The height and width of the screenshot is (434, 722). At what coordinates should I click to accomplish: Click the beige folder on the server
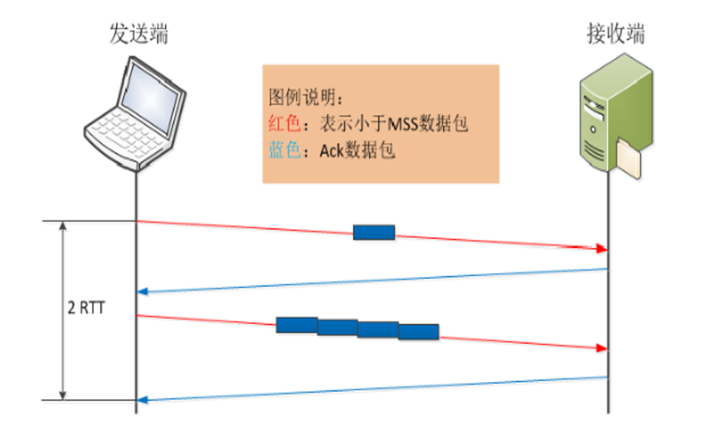click(629, 159)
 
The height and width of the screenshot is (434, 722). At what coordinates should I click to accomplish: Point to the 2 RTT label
click(86, 308)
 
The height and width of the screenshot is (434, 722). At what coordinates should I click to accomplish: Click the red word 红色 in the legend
click(284, 123)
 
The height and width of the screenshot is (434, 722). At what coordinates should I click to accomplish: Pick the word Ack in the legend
click(331, 151)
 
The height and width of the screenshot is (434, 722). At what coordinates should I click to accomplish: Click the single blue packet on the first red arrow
click(374, 232)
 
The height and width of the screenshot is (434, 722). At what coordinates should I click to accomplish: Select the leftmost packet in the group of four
click(297, 325)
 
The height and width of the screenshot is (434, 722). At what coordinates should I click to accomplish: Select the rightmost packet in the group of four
click(419, 332)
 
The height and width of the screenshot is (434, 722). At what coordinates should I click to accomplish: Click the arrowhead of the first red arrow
click(601, 249)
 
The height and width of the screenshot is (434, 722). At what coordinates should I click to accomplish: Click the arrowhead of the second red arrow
click(601, 348)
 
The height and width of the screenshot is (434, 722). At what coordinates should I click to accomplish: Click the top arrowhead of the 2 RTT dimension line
click(63, 226)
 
